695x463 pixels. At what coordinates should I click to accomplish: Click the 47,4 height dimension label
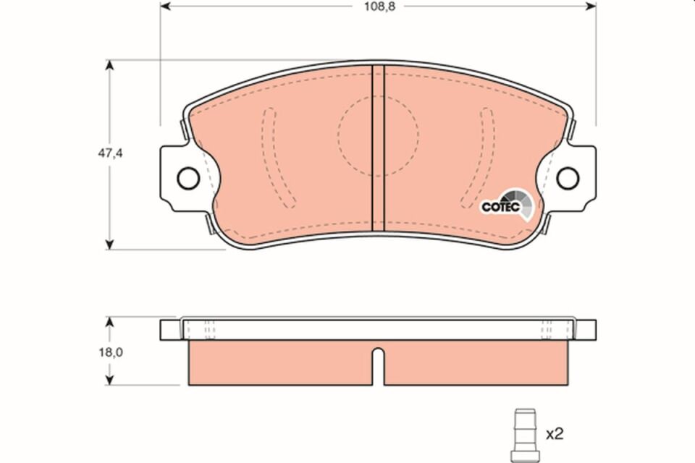[x=109, y=153]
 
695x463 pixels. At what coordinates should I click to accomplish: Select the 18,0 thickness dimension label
[x=109, y=352]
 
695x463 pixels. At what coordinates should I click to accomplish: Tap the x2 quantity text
[x=554, y=434]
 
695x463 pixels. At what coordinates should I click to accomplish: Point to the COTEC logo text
[x=500, y=207]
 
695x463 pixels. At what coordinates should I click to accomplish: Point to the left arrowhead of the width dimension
[x=165, y=7]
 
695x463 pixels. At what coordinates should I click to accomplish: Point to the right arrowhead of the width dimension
[x=590, y=7]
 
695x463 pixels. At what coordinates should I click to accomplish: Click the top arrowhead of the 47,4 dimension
[x=109, y=66]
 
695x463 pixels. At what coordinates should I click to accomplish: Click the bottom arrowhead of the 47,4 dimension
[x=109, y=244]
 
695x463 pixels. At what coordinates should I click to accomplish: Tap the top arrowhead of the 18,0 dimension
[x=109, y=321]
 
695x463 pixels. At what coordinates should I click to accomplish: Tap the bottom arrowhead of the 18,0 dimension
[x=109, y=379]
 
